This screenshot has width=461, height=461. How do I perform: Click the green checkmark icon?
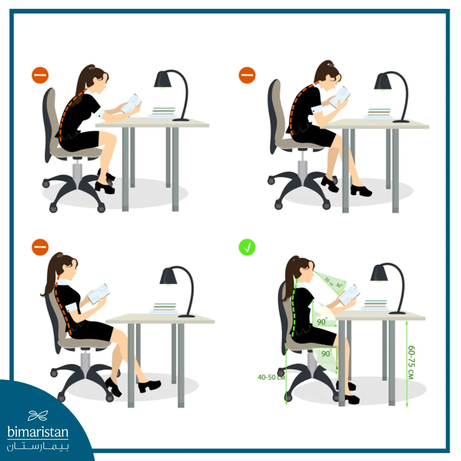(247, 247)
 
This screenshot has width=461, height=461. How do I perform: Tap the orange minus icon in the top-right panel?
(247, 75)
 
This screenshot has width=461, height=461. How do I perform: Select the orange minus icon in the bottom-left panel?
(40, 247)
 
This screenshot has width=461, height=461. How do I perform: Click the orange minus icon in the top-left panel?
(40, 75)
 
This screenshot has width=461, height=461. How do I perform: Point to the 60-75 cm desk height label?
(411, 362)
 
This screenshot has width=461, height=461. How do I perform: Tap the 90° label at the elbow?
(322, 321)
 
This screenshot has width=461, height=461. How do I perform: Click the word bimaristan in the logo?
(38, 432)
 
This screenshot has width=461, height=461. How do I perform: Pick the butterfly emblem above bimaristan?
(38, 416)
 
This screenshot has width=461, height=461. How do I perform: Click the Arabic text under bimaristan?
(38, 447)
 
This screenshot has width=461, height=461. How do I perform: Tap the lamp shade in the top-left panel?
(163, 79)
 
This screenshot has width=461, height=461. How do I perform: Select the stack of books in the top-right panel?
(379, 114)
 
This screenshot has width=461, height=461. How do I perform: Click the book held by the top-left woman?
(131, 103)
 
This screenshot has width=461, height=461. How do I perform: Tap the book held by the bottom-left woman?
(99, 294)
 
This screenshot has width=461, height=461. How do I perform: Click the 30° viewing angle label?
(339, 285)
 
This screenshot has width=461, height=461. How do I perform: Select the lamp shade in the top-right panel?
(383, 81)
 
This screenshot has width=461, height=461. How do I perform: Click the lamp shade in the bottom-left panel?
(168, 276)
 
